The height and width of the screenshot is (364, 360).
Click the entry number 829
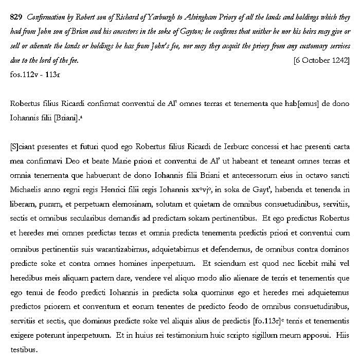(15, 17)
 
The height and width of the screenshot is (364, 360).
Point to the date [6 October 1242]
(322, 60)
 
